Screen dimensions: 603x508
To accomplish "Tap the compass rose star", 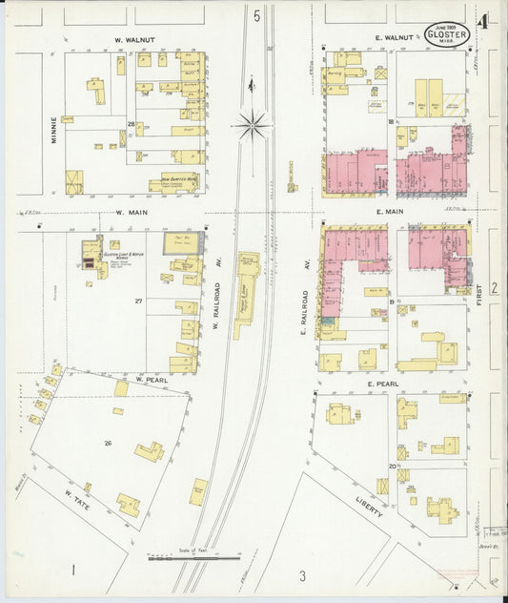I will tap(253, 121).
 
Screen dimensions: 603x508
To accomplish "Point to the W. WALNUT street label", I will tap(135, 40).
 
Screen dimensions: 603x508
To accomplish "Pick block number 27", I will tap(138, 301).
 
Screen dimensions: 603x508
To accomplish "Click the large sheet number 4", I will tap(486, 20).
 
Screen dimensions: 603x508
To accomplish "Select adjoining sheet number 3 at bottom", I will tap(301, 575).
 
